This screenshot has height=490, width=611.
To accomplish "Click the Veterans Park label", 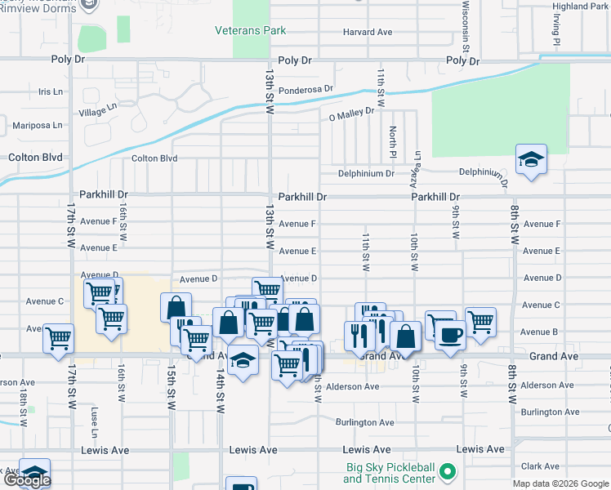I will pos(250,30).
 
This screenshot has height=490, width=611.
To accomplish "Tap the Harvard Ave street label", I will pos(368,33).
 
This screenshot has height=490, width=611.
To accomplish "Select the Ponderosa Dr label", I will pos(306,89).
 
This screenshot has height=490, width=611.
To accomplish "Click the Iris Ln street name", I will pos(50,92).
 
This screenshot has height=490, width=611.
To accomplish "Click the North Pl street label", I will pos(393,142).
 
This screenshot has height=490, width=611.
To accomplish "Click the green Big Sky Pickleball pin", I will pos(447,472).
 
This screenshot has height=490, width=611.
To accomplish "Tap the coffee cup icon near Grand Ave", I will pos(450,333).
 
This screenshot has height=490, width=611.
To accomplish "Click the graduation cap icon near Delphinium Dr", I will pos(531,159).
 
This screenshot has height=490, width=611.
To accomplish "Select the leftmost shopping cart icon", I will pos(59,337).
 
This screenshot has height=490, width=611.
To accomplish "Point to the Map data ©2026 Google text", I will pos(560,483).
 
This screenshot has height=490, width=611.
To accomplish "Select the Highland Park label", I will pos(580,6).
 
